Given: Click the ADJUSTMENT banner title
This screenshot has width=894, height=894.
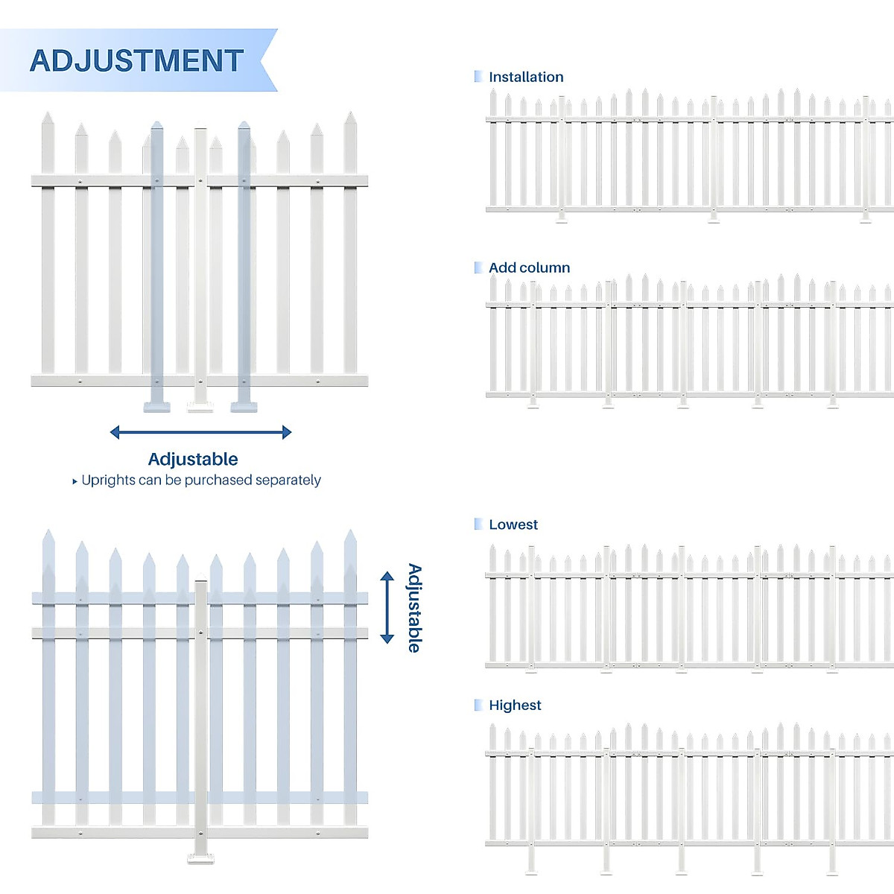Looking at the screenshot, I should [136, 61].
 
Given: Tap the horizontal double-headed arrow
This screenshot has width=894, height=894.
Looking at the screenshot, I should [200, 432].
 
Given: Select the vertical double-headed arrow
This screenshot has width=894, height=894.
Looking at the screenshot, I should [387, 607].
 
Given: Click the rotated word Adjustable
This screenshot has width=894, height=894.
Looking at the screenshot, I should [414, 608].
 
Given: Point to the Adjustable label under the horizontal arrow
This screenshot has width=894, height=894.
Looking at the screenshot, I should [193, 459].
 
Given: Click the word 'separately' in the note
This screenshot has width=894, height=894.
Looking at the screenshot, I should [288, 481].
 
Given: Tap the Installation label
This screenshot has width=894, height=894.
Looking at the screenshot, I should [526, 77].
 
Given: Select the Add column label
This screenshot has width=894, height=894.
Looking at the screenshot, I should [529, 267].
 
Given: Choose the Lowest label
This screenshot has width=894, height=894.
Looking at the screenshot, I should [513, 524].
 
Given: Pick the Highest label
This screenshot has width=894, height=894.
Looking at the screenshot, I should [515, 706].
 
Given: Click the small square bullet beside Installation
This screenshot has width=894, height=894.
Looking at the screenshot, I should [478, 76].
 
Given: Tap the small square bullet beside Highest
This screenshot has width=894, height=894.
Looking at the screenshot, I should [478, 705].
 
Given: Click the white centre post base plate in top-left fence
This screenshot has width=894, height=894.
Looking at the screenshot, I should [200, 407].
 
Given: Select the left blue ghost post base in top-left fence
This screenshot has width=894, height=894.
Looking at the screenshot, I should [156, 407].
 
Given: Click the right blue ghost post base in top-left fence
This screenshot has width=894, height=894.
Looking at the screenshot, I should [244, 407].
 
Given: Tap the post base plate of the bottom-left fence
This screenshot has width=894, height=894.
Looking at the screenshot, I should [200, 858].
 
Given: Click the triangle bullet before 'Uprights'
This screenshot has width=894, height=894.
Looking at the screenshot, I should [74, 482].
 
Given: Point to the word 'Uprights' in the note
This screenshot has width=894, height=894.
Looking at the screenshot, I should [109, 481].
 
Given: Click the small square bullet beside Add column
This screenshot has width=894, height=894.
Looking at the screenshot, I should [478, 267].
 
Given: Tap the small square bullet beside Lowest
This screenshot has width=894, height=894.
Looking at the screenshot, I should [478, 524].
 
